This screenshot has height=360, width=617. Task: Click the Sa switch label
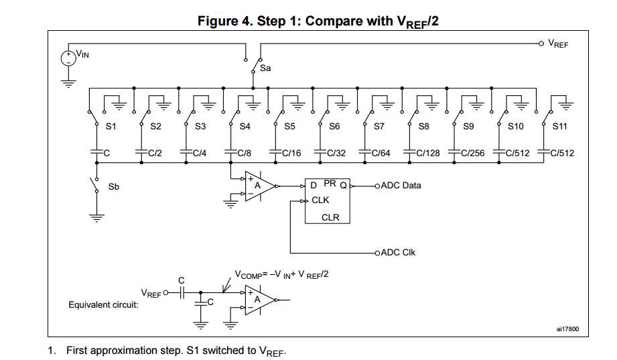pos(266,68)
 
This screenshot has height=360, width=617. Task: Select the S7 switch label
pos(379,126)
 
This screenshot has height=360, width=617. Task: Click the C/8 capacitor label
pos(245,154)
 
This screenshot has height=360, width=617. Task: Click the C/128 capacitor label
pos(428,154)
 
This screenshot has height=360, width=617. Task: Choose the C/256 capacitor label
pos(473,154)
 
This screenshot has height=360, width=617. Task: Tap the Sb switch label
pos(114,186)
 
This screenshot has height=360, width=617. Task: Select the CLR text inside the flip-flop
pos(330,217)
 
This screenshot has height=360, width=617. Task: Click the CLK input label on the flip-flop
pos(321,200)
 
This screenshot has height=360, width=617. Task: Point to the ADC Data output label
pos(401,185)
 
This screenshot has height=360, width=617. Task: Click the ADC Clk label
pos(398,253)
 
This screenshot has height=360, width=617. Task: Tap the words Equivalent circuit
pos(103,305)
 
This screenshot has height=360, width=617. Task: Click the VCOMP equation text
pos(281,275)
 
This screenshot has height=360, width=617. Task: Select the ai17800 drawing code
pos(567,329)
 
